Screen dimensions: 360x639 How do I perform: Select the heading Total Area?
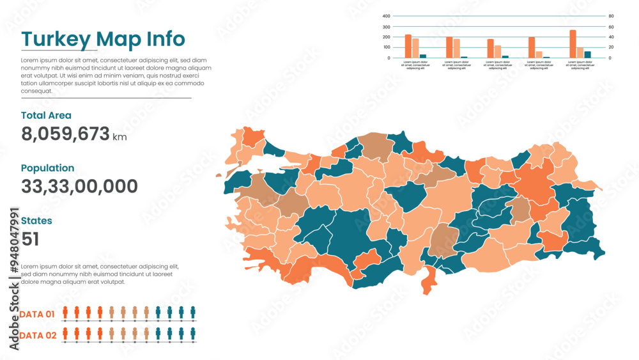pyautogui.click(x=46, y=116)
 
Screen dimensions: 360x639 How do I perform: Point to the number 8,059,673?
pyautogui.click(x=65, y=134)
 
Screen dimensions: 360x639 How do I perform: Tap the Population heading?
pyautogui.click(x=47, y=168)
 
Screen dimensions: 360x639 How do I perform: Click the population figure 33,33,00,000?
pyautogui.click(x=79, y=187)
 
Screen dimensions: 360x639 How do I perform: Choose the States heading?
pyautogui.click(x=36, y=221)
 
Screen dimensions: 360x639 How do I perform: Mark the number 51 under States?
pyautogui.click(x=30, y=239)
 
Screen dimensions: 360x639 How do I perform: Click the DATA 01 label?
pyautogui.click(x=37, y=314)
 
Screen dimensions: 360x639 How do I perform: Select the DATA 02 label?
pyautogui.click(x=37, y=335)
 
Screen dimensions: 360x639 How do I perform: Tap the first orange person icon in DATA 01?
pyautogui.click(x=65, y=312)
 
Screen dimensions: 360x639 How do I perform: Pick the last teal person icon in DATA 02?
pyautogui.click(x=192, y=333)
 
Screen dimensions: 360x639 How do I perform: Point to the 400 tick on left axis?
pyautogui.click(x=386, y=16)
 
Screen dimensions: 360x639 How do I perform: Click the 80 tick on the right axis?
pyautogui.click(x=611, y=16)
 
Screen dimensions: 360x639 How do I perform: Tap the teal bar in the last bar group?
pyautogui.click(x=588, y=54)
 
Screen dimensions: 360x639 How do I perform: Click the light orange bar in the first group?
pyautogui.click(x=415, y=48)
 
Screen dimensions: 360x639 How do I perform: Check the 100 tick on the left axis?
pyautogui.click(x=386, y=47)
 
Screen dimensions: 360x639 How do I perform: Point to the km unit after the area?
pyautogui.click(x=119, y=137)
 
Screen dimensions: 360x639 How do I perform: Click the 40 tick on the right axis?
pyautogui.click(x=611, y=37)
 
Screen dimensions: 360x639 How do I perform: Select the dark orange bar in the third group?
pyautogui.click(x=490, y=49)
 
